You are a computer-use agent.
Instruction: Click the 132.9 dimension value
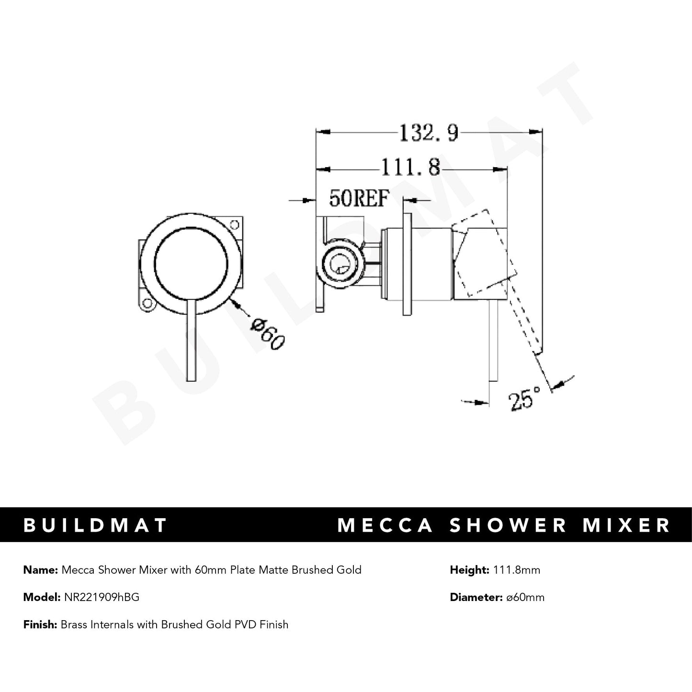coord(429,133)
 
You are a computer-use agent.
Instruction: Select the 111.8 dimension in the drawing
coord(410,168)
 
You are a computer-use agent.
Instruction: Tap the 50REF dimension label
coord(358,199)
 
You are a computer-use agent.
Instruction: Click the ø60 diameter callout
coord(268,334)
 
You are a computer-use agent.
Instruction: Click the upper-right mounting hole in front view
coord(235,224)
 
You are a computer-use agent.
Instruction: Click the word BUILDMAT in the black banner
coord(95,525)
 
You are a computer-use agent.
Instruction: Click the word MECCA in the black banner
coord(386,525)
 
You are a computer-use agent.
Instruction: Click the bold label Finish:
coord(40,624)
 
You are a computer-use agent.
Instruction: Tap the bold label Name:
coord(40,570)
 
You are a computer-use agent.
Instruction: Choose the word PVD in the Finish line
coord(247,624)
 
